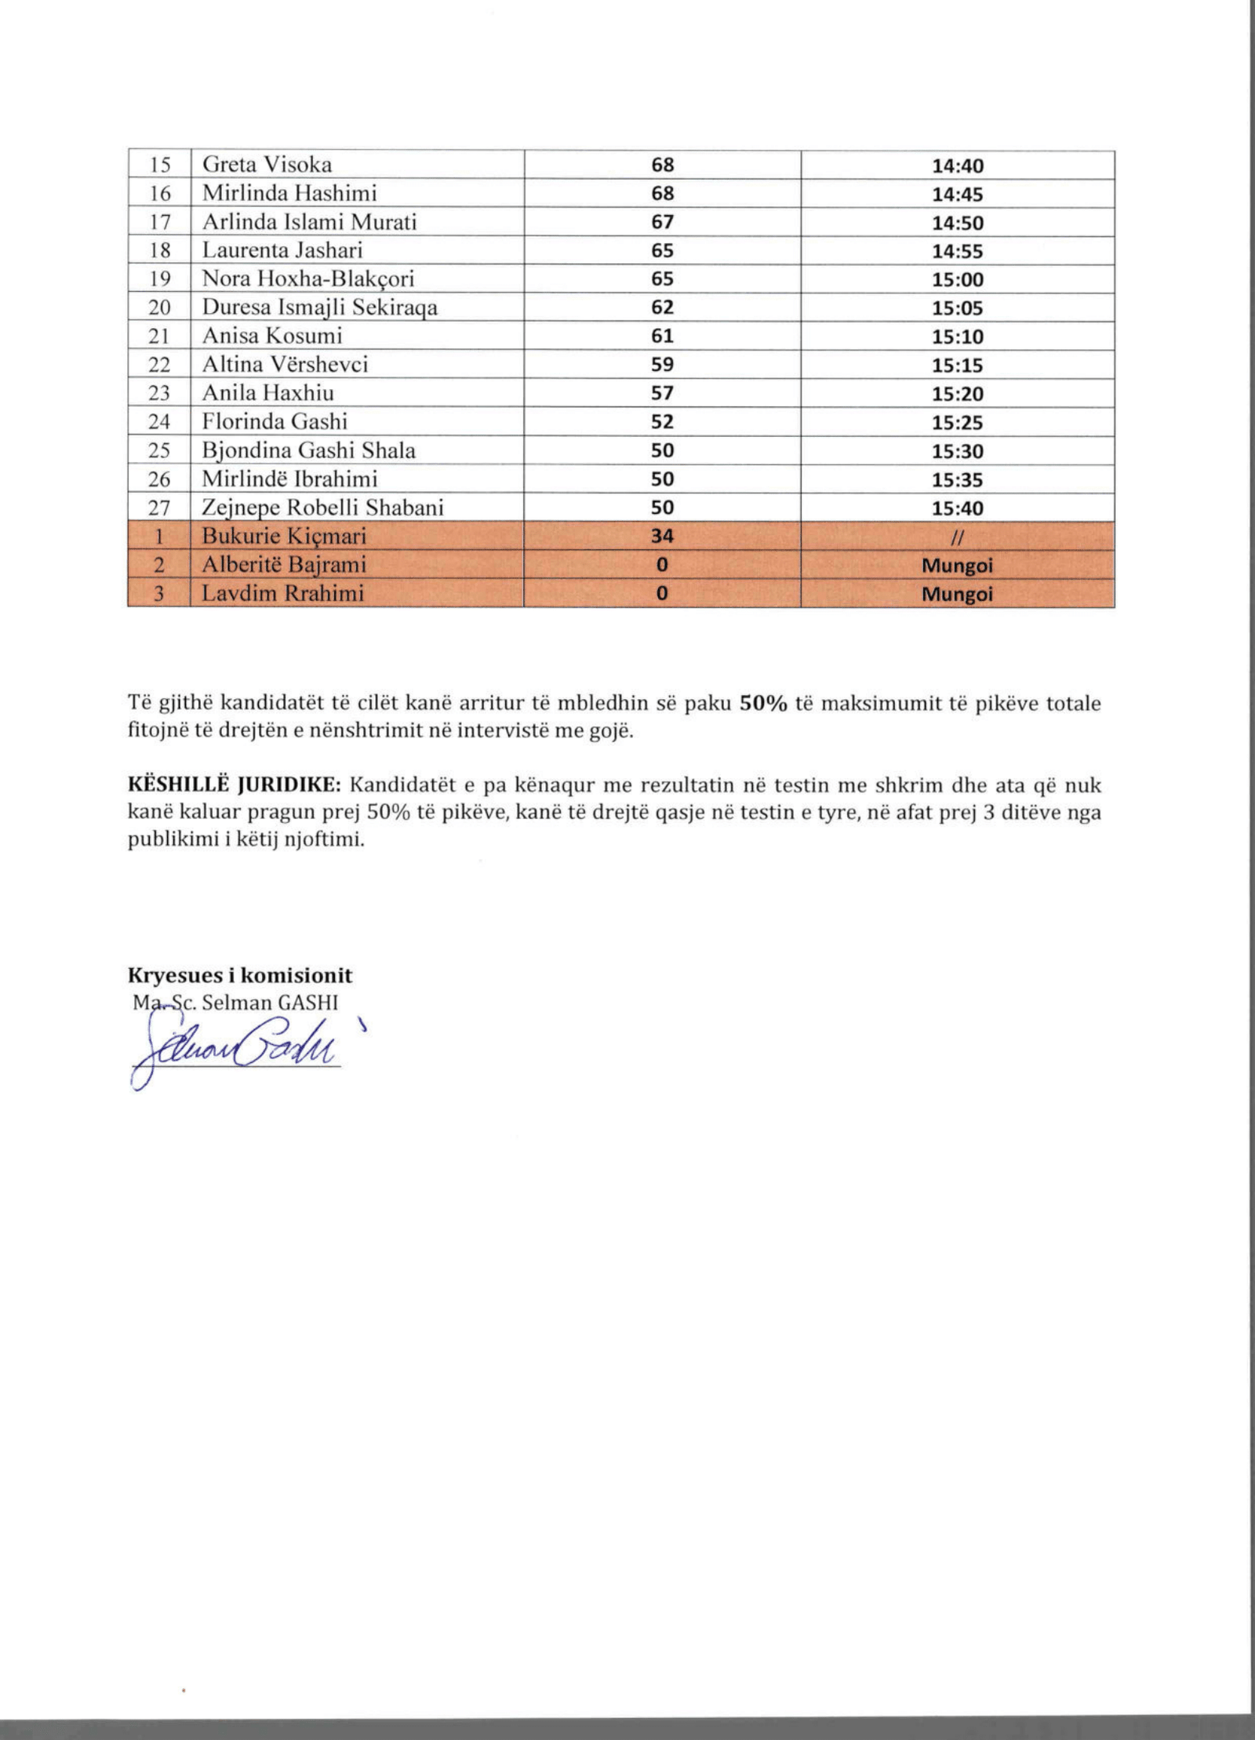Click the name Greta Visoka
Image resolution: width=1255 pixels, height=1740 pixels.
coord(267,165)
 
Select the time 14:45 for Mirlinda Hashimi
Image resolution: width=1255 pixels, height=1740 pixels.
coord(957,194)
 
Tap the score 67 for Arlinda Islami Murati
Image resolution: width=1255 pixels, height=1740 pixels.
coord(662,222)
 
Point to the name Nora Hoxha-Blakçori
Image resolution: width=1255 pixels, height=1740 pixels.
coord(307,279)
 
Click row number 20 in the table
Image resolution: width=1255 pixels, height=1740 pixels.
coord(159,308)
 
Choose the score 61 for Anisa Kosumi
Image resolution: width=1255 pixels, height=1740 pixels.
coord(662,336)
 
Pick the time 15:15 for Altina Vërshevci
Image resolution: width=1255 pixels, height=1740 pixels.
coord(957,365)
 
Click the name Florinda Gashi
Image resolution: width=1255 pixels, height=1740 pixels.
coord(275,421)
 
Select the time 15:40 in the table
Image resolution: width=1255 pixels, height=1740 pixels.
coord(957,508)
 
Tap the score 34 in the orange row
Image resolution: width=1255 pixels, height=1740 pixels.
coord(662,537)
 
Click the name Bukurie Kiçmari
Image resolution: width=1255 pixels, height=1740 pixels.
coord(284,537)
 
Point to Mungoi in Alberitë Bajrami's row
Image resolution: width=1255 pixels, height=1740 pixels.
coord(957,565)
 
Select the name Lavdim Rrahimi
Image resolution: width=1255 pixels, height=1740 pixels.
coord(282,593)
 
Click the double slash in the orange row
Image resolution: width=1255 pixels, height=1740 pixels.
coord(957,537)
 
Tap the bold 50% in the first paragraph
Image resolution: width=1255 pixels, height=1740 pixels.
coord(763,703)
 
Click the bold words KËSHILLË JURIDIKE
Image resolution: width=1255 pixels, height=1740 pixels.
coord(234,784)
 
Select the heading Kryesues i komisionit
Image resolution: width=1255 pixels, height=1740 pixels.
coord(240,975)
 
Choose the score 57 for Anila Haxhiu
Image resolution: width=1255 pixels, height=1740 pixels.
coord(662,393)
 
